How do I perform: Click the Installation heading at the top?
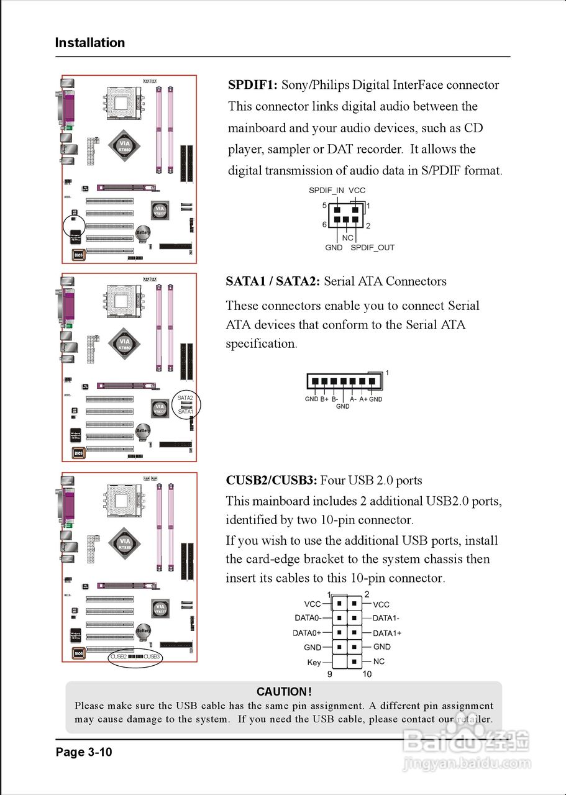(90, 43)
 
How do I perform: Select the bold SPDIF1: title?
(253, 85)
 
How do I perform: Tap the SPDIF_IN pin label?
(326, 191)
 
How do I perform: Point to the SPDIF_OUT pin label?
(372, 247)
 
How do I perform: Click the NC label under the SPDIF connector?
(347, 238)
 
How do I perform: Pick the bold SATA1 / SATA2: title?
(273, 281)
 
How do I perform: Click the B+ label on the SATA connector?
(324, 399)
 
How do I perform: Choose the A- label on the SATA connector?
(353, 399)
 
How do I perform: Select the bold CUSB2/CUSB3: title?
(272, 480)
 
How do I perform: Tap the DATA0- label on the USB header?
(308, 618)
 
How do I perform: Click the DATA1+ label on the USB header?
(387, 633)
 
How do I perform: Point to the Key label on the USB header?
(314, 663)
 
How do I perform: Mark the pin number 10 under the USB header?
(367, 674)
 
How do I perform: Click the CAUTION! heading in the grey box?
(284, 692)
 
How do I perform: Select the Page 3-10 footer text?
(84, 752)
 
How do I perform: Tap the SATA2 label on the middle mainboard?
(185, 397)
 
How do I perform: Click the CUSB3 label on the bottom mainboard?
(152, 656)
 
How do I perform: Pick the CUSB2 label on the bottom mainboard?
(118, 656)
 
